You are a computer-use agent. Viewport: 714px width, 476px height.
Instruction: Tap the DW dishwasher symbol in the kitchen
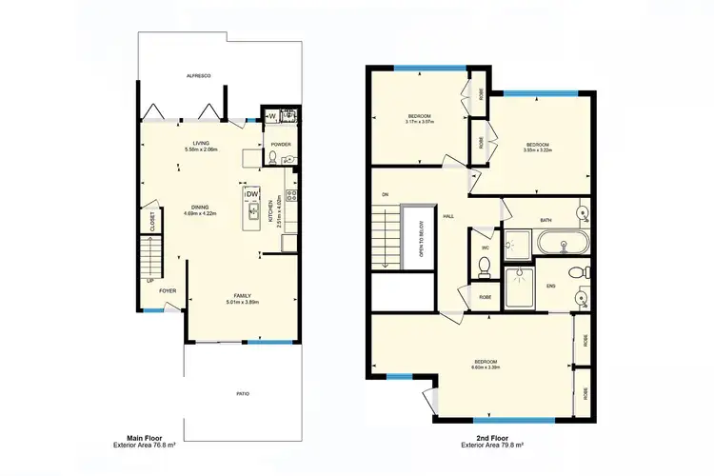pyautogui.click(x=253, y=194)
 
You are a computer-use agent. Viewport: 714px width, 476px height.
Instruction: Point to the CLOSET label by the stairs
pyautogui.click(x=152, y=222)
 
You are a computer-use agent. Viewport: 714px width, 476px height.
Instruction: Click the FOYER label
pyautogui.click(x=168, y=292)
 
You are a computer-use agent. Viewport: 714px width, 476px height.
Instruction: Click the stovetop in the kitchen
pyautogui.click(x=292, y=196)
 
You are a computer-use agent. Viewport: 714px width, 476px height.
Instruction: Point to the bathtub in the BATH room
pyautogui.click(x=563, y=245)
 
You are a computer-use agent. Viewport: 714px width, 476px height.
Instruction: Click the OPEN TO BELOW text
pyautogui.click(x=421, y=242)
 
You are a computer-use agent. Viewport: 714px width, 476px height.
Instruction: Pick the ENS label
pyautogui.click(x=550, y=285)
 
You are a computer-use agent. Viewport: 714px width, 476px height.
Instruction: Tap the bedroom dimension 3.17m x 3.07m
pyautogui.click(x=420, y=121)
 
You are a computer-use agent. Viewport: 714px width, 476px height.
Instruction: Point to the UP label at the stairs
pyautogui.click(x=149, y=281)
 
